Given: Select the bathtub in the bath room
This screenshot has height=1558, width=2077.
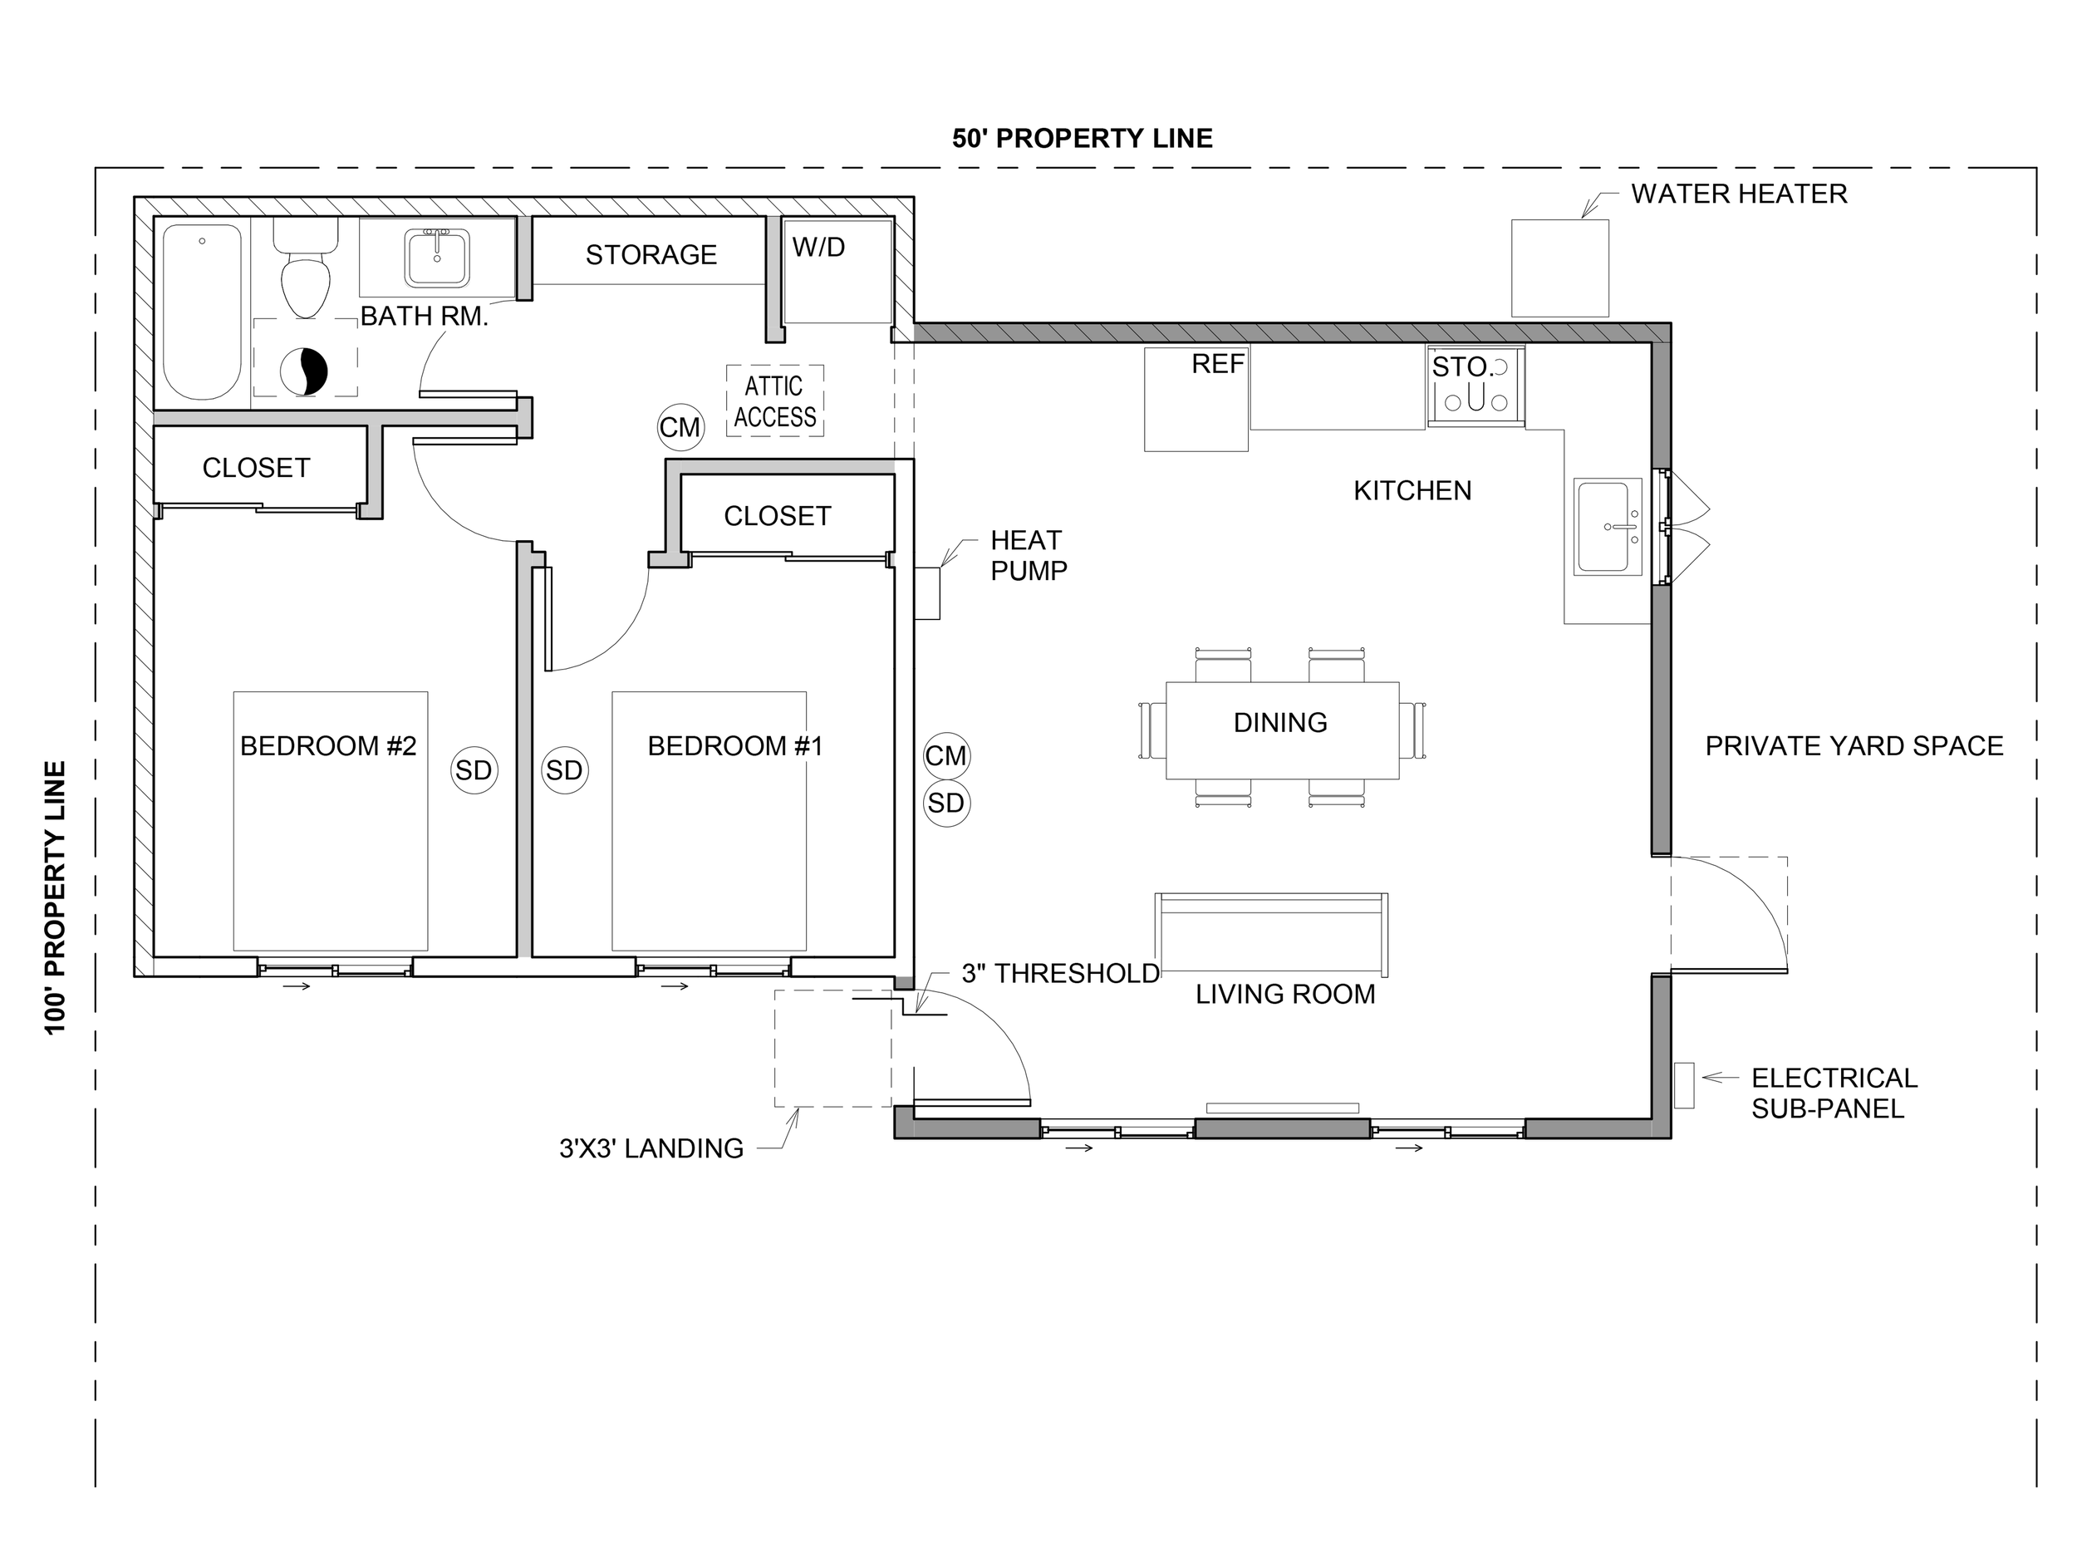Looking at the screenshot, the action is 202,312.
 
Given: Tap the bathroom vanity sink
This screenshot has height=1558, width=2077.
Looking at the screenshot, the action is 438,258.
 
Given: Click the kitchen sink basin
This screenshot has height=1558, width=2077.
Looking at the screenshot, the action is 1608,528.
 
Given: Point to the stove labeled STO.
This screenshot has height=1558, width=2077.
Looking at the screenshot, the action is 1476,386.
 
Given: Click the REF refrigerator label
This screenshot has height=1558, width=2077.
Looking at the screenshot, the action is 1218,365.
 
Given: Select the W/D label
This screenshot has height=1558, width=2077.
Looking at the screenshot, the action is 819,247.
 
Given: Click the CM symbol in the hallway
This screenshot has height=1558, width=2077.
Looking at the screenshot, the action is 680,427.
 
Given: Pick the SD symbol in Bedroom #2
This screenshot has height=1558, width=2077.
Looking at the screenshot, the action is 474,770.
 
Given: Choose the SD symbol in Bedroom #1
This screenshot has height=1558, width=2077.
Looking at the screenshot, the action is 564,770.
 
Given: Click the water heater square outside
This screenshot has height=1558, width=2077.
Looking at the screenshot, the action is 1560,268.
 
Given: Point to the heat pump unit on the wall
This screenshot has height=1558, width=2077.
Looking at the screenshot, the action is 928,593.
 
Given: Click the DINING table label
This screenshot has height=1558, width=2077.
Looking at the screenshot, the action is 1281,722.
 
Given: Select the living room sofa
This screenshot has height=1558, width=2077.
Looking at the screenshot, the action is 1271,936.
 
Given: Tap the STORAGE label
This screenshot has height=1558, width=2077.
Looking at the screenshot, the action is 651,254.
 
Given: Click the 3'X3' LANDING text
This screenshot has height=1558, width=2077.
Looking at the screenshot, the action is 651,1148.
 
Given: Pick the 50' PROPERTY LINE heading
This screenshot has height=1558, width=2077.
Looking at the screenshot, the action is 1083,139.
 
